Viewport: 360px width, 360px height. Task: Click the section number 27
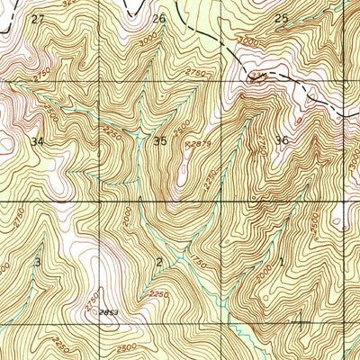(36, 19)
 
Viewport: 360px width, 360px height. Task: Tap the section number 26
(159, 19)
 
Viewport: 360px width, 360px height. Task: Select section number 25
(281, 19)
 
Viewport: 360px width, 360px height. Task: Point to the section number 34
(37, 142)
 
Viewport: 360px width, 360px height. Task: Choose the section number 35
(160, 141)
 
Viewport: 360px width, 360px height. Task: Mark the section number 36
(283, 140)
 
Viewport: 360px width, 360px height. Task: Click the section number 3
(38, 261)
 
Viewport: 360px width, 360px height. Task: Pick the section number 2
(159, 262)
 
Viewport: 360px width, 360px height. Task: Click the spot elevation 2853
(110, 310)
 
